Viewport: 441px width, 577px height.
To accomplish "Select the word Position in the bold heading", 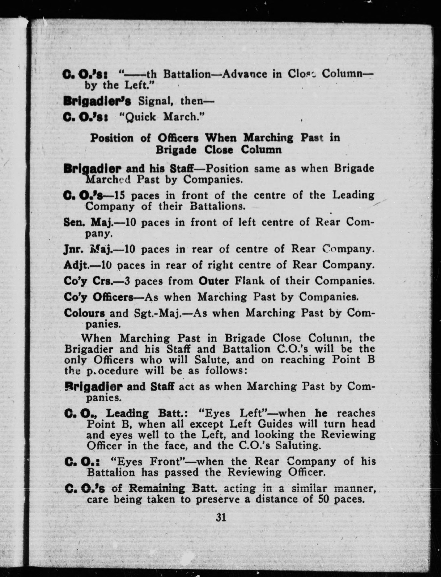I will (112, 138).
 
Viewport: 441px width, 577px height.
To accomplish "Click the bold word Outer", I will (213, 281).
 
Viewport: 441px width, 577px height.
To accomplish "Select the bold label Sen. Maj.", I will (88, 222).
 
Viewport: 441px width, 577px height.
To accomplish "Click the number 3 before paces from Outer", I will (128, 281).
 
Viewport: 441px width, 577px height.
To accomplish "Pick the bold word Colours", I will (84, 313).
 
